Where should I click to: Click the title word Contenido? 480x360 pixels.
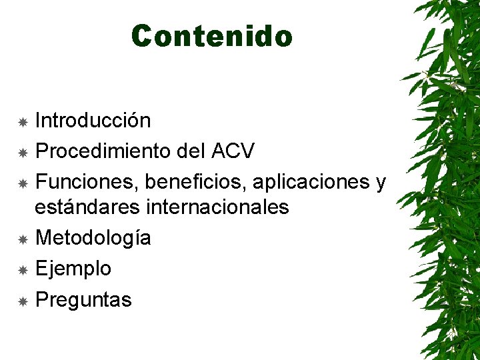point(212,36)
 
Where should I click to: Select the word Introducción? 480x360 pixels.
point(93,121)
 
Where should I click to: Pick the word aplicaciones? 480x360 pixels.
point(306,182)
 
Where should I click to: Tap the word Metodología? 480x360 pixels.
point(93,238)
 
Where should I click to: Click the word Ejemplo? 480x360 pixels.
point(73,269)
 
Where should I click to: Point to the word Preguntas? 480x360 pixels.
point(83,300)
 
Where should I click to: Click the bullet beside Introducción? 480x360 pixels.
point(22,122)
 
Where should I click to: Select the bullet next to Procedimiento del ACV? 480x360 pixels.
point(22,153)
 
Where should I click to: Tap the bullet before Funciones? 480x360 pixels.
point(22,183)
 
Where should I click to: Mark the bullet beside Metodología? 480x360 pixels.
point(22,239)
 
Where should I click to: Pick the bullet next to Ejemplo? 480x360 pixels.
point(22,270)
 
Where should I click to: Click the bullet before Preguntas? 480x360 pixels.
point(22,301)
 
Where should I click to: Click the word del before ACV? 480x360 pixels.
point(191,151)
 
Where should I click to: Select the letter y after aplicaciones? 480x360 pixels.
point(381,183)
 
